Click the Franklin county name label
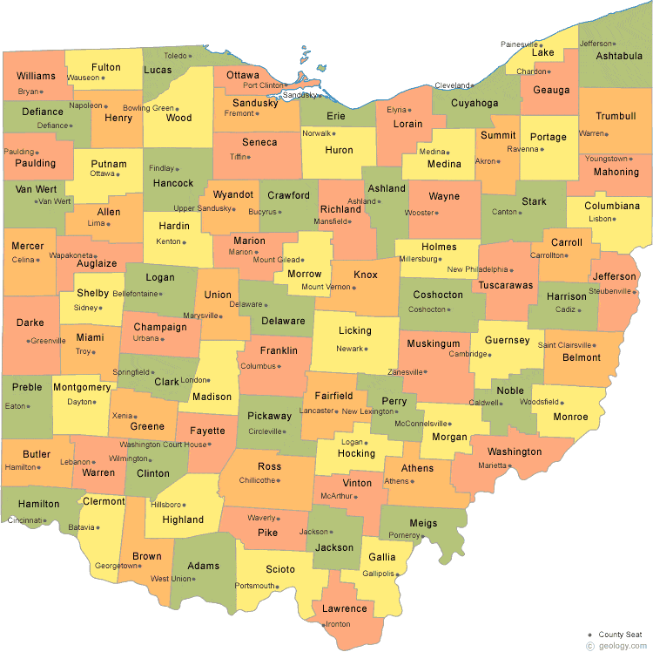[x=279, y=351]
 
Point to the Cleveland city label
[x=451, y=85]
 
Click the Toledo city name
[x=176, y=56]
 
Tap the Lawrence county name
[x=344, y=608]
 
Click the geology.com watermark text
[x=622, y=646]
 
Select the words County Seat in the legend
[x=622, y=634]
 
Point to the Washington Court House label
[x=164, y=445]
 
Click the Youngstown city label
[x=606, y=159]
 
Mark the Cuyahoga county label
[x=475, y=103]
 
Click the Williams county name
[x=36, y=76]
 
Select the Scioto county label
[x=279, y=569]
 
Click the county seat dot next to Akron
[x=500, y=161]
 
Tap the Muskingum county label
[x=433, y=344]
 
